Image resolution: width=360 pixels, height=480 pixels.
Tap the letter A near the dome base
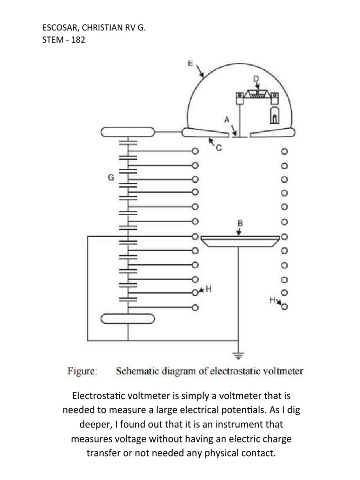tap(226, 120)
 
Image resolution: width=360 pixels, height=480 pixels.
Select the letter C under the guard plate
tap(218, 149)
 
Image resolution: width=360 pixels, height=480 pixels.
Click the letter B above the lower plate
tap(240, 224)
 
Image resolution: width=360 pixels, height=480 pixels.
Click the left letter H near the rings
tap(209, 289)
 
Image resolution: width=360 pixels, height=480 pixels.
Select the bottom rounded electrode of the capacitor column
tap(128, 319)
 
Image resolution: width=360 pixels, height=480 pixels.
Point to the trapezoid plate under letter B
tap(240, 241)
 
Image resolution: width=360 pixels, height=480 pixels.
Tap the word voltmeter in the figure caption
tap(285, 371)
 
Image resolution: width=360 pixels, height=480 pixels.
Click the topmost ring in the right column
tap(284, 152)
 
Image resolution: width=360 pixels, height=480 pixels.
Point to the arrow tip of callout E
tap(203, 76)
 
